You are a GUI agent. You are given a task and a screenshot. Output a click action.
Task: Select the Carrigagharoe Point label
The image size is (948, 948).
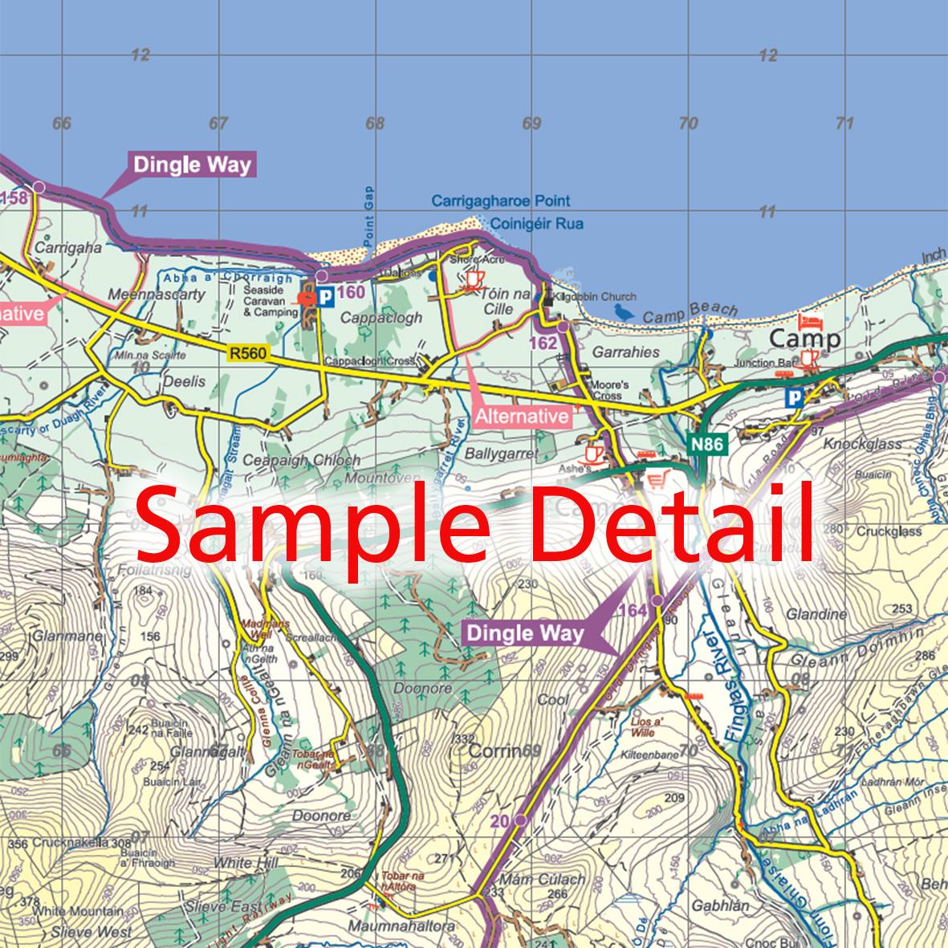click(500, 201)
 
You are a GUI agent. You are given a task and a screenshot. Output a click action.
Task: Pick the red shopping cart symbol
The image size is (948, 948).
click(657, 479)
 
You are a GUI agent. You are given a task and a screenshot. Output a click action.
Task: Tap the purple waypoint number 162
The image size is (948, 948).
click(543, 344)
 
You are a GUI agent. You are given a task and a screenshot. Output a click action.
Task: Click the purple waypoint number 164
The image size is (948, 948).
click(633, 612)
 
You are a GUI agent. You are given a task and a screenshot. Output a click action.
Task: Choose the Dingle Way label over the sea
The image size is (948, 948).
click(192, 166)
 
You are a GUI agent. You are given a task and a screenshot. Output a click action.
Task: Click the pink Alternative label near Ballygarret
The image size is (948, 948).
click(522, 416)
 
